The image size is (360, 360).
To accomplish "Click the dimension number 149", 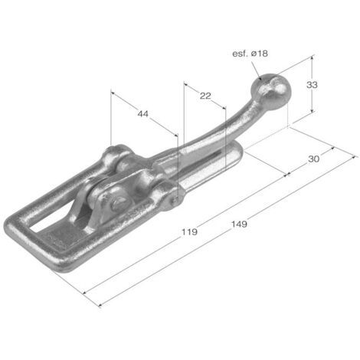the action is coord(239,224).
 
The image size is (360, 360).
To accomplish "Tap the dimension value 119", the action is coord(189,232).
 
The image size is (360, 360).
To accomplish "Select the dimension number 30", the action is coord(313,159).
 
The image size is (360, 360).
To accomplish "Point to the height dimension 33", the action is coord(312,84).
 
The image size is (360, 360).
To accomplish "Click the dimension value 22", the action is coord(205,96).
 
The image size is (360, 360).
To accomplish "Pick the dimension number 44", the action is coord(142,113).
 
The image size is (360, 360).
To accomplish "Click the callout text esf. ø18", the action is coord(250,54).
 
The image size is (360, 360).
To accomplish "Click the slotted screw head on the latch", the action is coord(120,201).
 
